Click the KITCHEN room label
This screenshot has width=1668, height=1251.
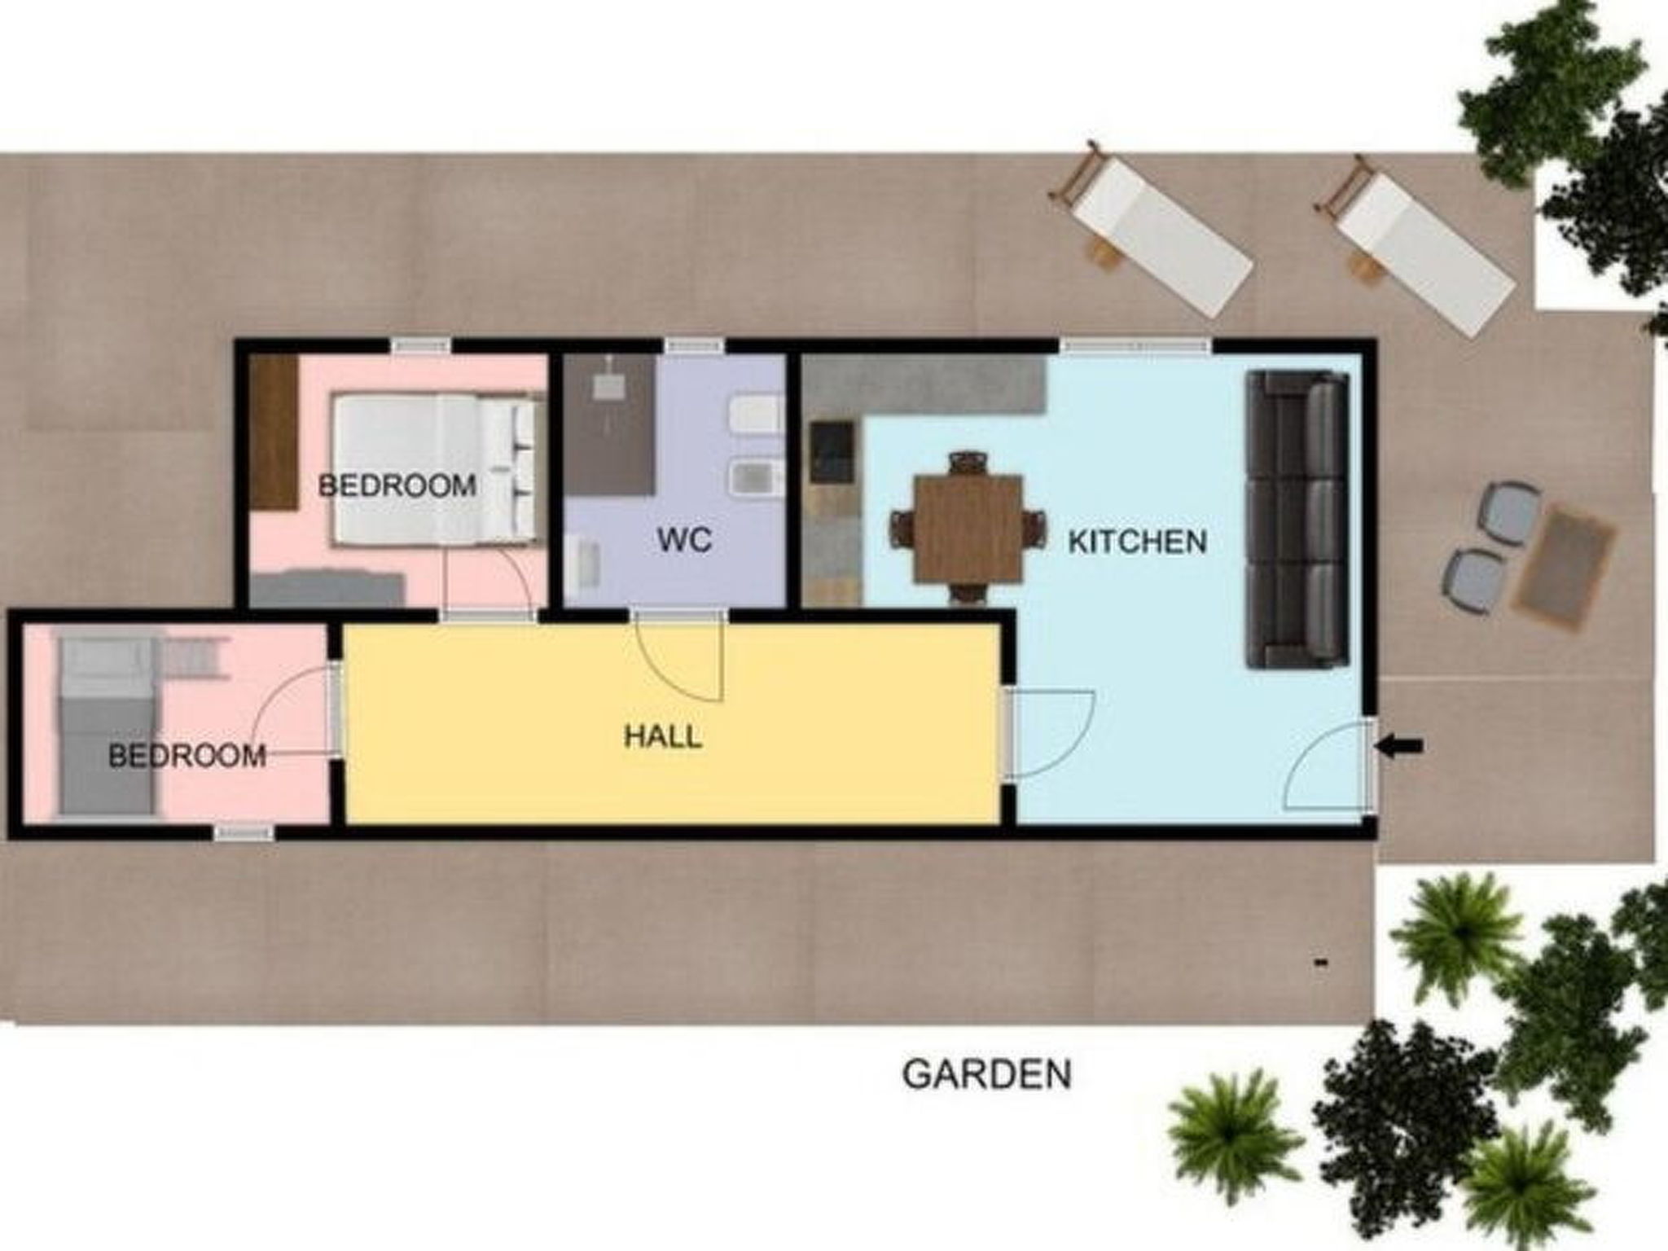coord(1137,542)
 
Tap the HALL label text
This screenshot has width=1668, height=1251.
coord(662,737)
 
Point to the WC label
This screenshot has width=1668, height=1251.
coord(684,539)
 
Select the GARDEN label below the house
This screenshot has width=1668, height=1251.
coord(987,1074)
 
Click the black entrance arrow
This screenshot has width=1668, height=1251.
coord(1399,745)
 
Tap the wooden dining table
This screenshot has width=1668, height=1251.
coord(968,529)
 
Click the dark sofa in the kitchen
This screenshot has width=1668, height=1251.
coord(1297,519)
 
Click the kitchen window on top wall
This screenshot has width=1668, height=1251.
coord(1135,347)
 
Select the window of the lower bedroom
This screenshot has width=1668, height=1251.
coord(244,832)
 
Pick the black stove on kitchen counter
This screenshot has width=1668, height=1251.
coord(832,451)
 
